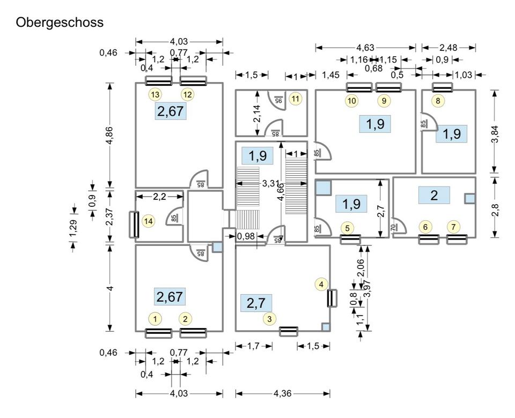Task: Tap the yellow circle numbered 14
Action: (148, 220)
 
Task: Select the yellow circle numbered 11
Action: (296, 99)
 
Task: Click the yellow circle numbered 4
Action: (321, 284)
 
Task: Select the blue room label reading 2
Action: (434, 196)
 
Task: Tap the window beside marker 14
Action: (135, 225)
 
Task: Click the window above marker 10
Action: (359, 87)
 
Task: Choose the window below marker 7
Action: (457, 239)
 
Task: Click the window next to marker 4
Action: (332, 298)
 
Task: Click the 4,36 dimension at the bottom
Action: (282, 393)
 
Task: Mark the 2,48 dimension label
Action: (448, 48)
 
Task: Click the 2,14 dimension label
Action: (257, 113)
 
